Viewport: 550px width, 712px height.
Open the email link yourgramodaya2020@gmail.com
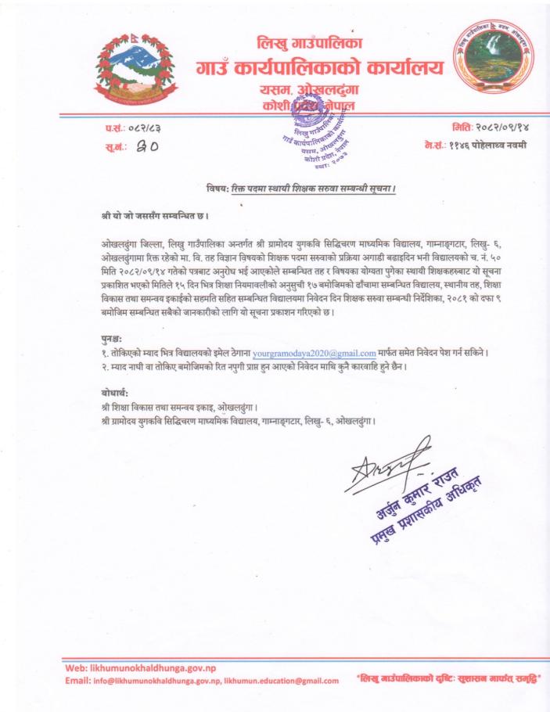[314, 353]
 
